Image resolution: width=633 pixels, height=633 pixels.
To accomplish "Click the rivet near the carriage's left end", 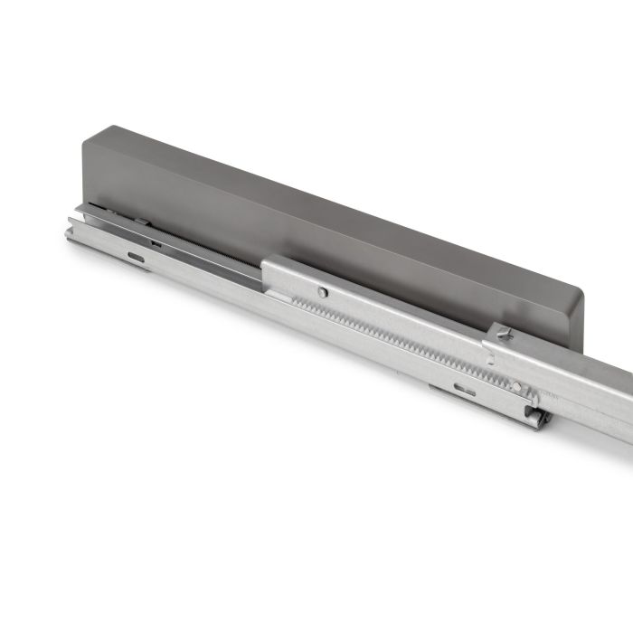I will [x=323, y=291].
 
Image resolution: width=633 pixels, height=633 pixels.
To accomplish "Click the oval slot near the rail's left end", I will [x=136, y=258].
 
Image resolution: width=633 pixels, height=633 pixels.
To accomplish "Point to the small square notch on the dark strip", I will [x=156, y=242].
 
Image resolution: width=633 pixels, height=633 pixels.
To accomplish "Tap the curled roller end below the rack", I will [x=539, y=418].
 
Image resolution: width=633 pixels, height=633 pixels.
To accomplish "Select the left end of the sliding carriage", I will [x=269, y=271].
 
